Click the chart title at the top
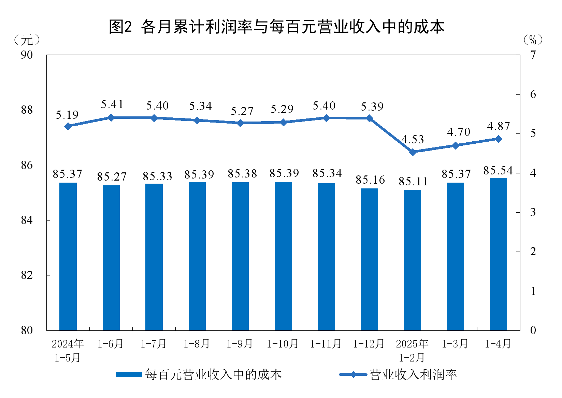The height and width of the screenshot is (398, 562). coord(277,27)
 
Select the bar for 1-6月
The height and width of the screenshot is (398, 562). coord(111,258)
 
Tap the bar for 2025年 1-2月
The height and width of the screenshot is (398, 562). coord(412,260)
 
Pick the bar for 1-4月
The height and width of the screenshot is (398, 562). coord(499,254)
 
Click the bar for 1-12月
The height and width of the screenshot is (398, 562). coord(370,259)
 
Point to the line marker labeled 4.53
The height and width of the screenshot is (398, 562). coord(413,152)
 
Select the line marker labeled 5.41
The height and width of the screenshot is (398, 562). coord(111,117)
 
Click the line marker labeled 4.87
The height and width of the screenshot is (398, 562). coord(499,139)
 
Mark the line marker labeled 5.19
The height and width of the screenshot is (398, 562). coord(68,126)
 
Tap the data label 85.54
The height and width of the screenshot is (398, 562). coord(498,171)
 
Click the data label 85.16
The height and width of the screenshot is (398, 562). coord(370,180)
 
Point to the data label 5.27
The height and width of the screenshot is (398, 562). coord(242,111)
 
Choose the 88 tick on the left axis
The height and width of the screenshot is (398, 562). coord(27,110)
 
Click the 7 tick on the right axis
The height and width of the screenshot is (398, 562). coord(533,55)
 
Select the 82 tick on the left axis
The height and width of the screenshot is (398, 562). coord(27,275)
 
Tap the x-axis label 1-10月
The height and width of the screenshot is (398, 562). coord(283,344)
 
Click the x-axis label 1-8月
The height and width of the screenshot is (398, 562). coord(197,344)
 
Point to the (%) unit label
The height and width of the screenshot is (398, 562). coord(533,40)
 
